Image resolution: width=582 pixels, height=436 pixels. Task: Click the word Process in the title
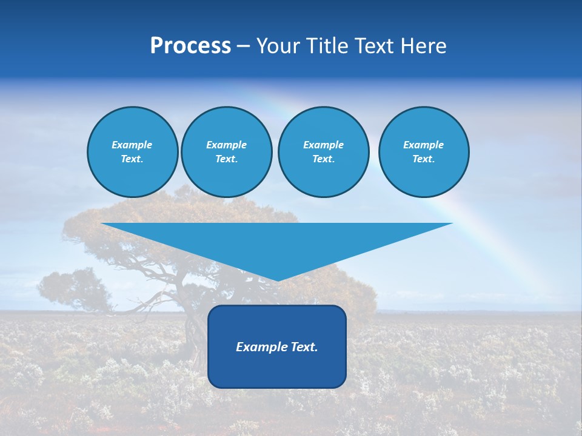pyautogui.click(x=190, y=46)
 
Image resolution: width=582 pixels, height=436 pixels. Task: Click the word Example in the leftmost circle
pyautogui.click(x=132, y=145)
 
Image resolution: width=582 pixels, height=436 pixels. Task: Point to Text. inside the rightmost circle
pyautogui.click(x=423, y=159)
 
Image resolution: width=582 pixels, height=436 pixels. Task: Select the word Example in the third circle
pyautogui.click(x=323, y=145)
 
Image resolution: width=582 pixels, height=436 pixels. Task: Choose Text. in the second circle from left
pyautogui.click(x=226, y=159)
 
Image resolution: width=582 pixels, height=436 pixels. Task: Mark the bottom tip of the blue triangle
pyautogui.click(x=277, y=280)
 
